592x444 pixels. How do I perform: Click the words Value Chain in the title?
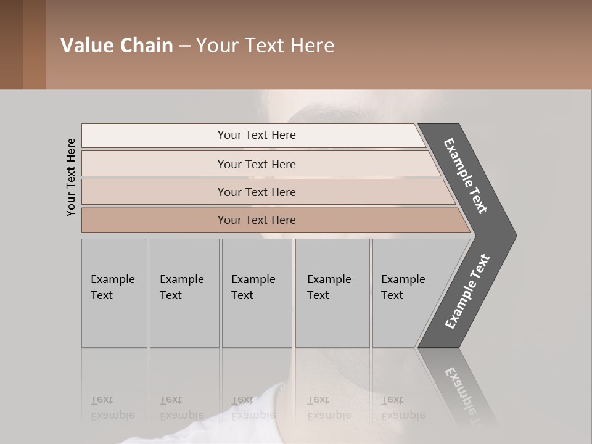pos(117,45)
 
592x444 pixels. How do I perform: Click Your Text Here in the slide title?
pos(265,45)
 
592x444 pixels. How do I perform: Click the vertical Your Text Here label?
pos(71,177)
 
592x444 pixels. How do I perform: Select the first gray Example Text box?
pos(114,293)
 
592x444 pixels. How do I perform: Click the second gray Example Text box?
pos(184,293)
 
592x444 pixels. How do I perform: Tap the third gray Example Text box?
pos(257,293)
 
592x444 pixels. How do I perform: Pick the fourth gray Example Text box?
pos(332,293)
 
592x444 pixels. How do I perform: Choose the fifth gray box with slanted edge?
pos(407,293)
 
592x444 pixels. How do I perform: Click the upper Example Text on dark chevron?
pos(466,176)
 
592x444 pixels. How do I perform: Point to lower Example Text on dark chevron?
pos(467,292)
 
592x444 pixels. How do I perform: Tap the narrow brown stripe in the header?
pos(34,45)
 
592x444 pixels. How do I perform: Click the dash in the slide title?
pos(184,46)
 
